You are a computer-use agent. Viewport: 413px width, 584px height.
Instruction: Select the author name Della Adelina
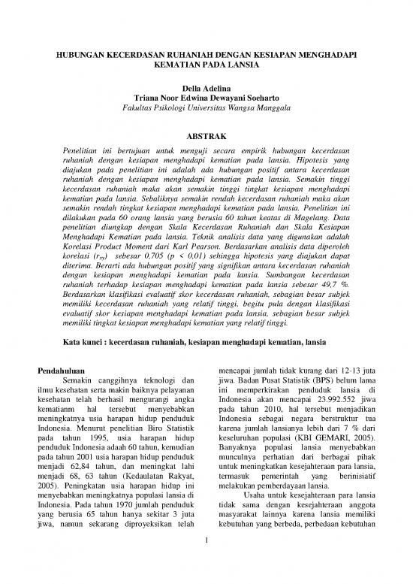(x=206, y=89)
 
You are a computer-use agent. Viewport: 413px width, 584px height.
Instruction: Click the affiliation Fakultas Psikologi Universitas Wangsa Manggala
(x=206, y=109)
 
